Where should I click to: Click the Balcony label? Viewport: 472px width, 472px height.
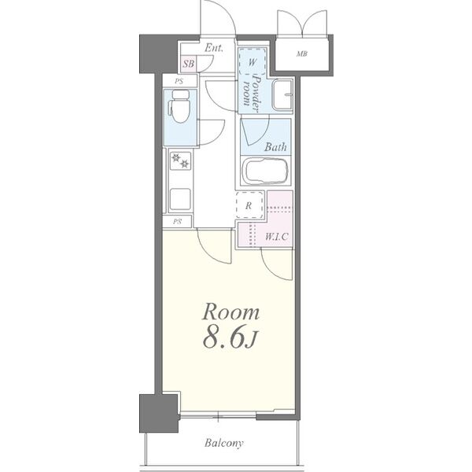click(x=223, y=443)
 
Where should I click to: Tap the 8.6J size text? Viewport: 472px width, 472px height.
click(x=230, y=338)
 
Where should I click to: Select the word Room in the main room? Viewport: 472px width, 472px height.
click(x=230, y=312)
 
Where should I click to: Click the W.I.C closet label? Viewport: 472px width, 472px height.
click(x=277, y=237)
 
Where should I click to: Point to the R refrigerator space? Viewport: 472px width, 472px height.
click(x=249, y=205)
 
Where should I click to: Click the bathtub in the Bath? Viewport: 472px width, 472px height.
click(x=266, y=171)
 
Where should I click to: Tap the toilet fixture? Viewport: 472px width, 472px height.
click(x=179, y=107)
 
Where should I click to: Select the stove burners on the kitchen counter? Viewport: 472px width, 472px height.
click(x=180, y=160)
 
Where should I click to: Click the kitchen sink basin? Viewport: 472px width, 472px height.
click(x=179, y=199)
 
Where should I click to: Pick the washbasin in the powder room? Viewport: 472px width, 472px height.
click(x=282, y=95)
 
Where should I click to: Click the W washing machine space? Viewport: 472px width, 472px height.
click(x=253, y=61)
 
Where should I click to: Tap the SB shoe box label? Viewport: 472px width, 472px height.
click(x=189, y=64)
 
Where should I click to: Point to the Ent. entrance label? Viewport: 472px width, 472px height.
click(x=214, y=48)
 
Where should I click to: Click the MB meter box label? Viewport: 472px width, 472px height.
click(x=302, y=53)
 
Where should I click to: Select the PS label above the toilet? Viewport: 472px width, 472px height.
click(x=179, y=81)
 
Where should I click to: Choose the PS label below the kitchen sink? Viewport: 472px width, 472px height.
click(x=177, y=222)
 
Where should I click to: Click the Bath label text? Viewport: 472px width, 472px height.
click(x=275, y=147)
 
